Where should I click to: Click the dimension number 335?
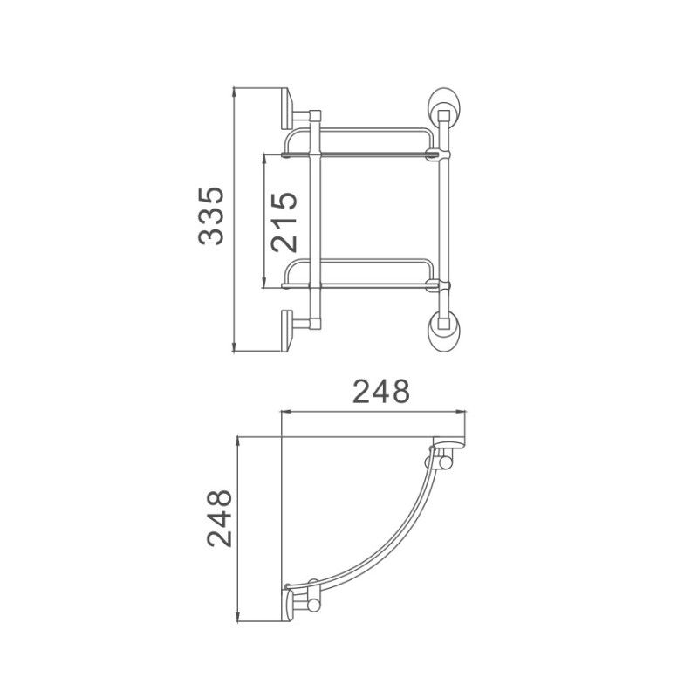click(x=211, y=216)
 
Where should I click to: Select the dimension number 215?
click(x=285, y=221)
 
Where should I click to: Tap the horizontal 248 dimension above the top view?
click(x=380, y=393)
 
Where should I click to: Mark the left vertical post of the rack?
click(x=317, y=218)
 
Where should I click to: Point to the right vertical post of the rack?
click(x=444, y=218)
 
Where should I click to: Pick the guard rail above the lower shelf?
click(x=366, y=259)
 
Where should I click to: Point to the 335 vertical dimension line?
click(x=236, y=218)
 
